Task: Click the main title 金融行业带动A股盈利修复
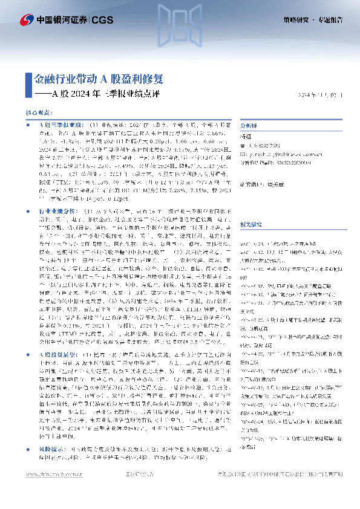click(x=98, y=79)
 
